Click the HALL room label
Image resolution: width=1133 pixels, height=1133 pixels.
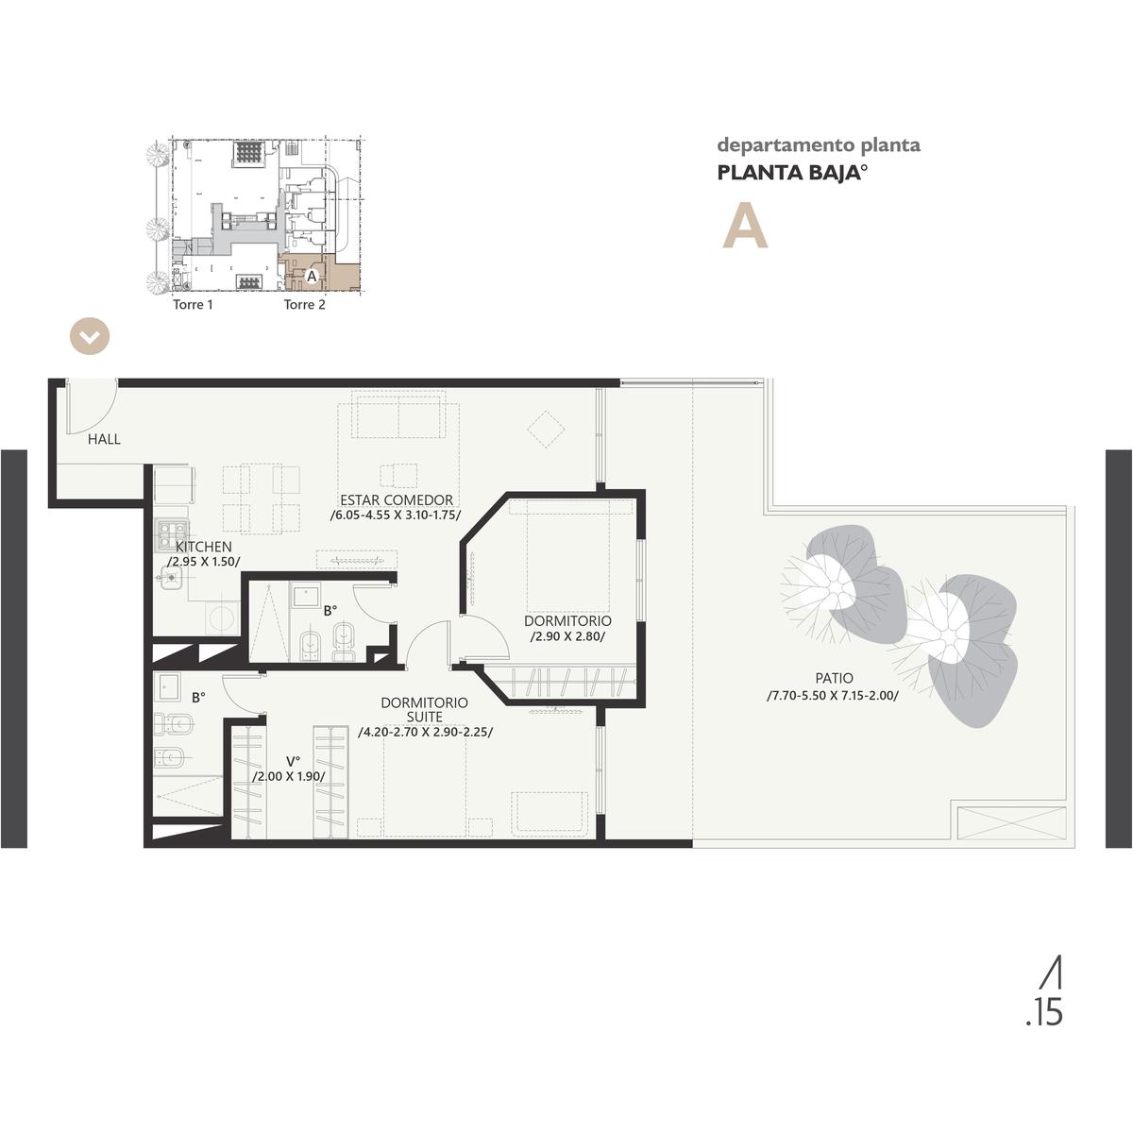coord(104,439)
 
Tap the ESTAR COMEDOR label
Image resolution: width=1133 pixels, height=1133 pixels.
coord(397,500)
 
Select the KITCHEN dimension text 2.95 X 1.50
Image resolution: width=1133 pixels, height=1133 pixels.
coord(203,562)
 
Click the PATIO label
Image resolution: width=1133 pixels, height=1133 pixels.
coord(834,679)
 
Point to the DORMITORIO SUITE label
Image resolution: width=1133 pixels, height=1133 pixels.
coord(425,710)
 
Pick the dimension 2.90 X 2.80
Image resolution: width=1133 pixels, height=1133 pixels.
coord(566,636)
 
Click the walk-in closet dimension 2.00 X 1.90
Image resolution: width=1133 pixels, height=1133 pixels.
coord(289,777)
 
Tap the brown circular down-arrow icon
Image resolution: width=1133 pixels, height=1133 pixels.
coord(90,337)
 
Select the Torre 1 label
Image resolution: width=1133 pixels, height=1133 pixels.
coord(193,305)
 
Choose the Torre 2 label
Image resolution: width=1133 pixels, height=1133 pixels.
coord(305,305)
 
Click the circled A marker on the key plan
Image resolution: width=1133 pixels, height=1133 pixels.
coord(312,276)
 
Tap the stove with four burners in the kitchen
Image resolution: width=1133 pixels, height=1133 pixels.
coord(172,535)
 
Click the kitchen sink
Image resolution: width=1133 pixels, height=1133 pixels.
coord(172,578)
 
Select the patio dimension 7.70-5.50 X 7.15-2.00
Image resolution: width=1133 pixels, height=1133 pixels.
coord(833,696)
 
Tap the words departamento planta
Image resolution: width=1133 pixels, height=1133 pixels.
coord(819,145)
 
